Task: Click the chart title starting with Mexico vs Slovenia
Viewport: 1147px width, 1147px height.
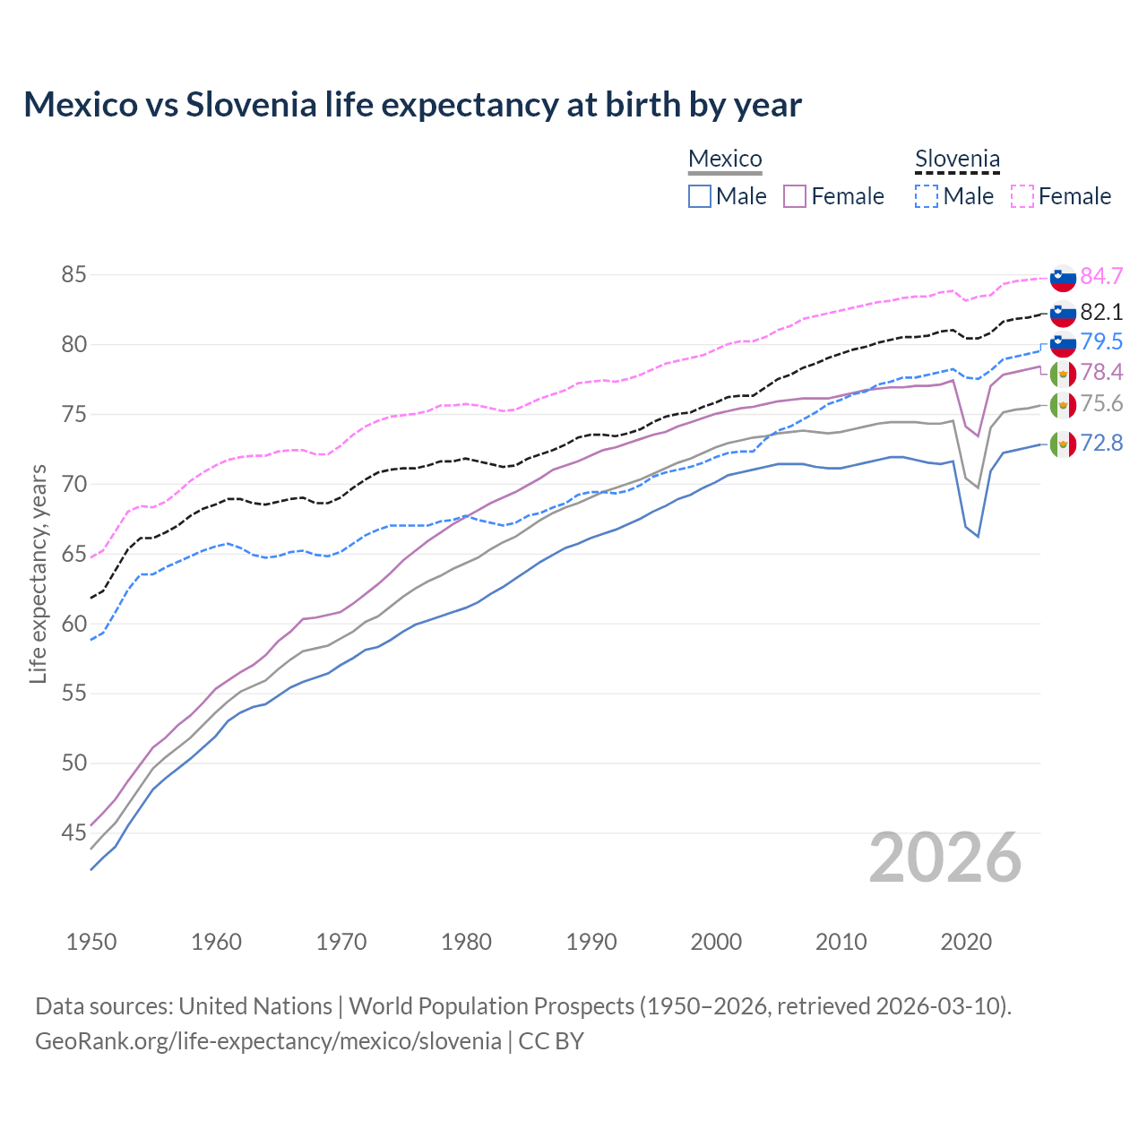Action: [x=412, y=105]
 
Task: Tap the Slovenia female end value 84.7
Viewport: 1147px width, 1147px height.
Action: [x=1101, y=276]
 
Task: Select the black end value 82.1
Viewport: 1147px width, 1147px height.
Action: [x=1101, y=312]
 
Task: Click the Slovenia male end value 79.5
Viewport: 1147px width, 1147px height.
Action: [x=1101, y=341]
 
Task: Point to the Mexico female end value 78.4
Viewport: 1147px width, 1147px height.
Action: [x=1101, y=372]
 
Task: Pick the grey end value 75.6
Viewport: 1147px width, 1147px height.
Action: [x=1101, y=403]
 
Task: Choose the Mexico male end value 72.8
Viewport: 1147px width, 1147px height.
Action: [x=1101, y=443]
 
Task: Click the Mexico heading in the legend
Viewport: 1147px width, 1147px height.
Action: [x=725, y=159]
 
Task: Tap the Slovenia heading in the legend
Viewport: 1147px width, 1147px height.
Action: [x=957, y=160]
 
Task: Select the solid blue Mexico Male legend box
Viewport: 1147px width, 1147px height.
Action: [x=700, y=196]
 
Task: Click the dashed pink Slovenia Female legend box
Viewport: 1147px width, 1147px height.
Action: [x=1022, y=196]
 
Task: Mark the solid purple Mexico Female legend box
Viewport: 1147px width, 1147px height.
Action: [x=795, y=196]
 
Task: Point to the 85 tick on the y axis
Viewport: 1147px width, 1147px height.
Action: [x=73, y=275]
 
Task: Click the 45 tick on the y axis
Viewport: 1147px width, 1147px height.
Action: [x=73, y=833]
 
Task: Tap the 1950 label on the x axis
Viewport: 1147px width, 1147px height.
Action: [x=91, y=942]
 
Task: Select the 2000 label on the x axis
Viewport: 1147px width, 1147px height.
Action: [x=716, y=942]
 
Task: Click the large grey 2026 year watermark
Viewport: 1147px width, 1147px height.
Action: [x=945, y=858]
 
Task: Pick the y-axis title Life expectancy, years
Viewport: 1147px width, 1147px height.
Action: [x=38, y=573]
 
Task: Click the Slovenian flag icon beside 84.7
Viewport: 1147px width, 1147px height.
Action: [x=1063, y=278]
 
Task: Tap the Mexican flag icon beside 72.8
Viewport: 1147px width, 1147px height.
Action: [x=1063, y=444]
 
